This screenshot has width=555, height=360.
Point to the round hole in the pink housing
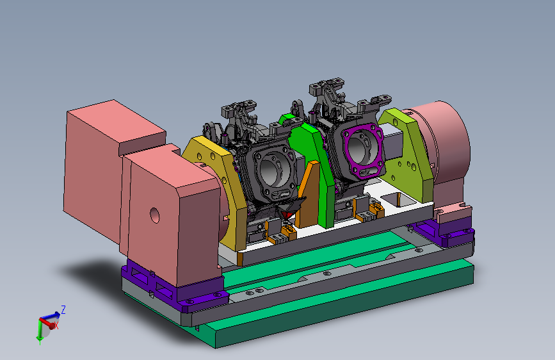155,215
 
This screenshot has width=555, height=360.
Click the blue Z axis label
63,309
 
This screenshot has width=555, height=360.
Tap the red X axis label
56,325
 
